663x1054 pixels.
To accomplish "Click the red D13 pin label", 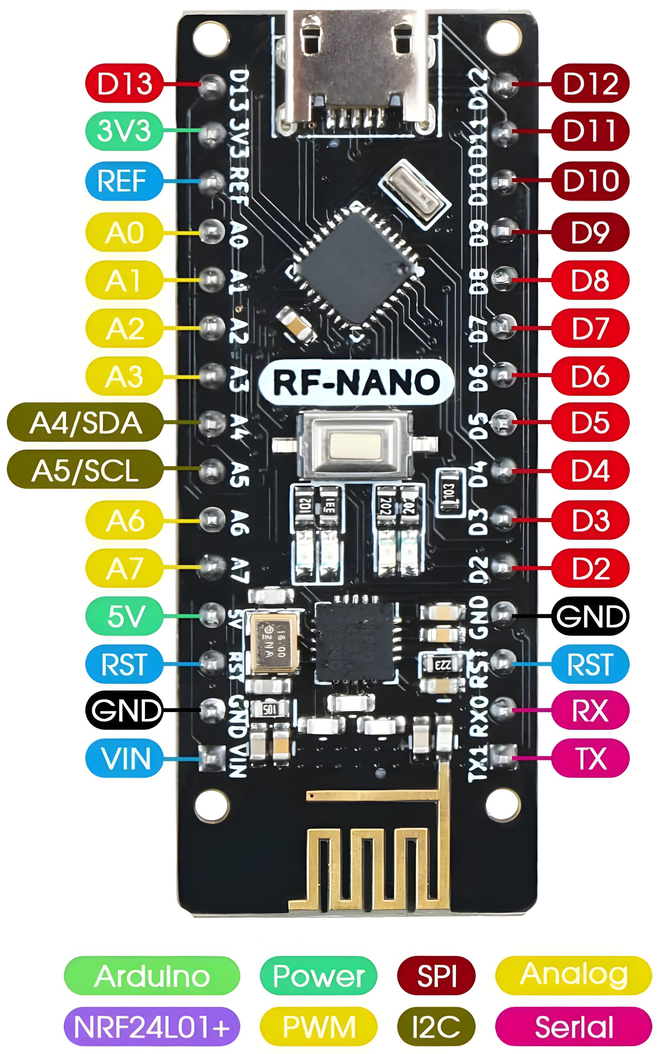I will [124, 83].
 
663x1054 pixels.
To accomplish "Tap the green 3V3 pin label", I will [124, 130].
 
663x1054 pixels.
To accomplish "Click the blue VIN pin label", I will [124, 758].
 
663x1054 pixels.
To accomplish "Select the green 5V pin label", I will [124, 616].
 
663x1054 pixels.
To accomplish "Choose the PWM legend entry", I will [318, 1026].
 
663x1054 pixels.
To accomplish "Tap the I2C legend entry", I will [436, 1026].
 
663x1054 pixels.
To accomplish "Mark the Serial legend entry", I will [573, 1026].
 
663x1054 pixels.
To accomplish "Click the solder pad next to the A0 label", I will [212, 231].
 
